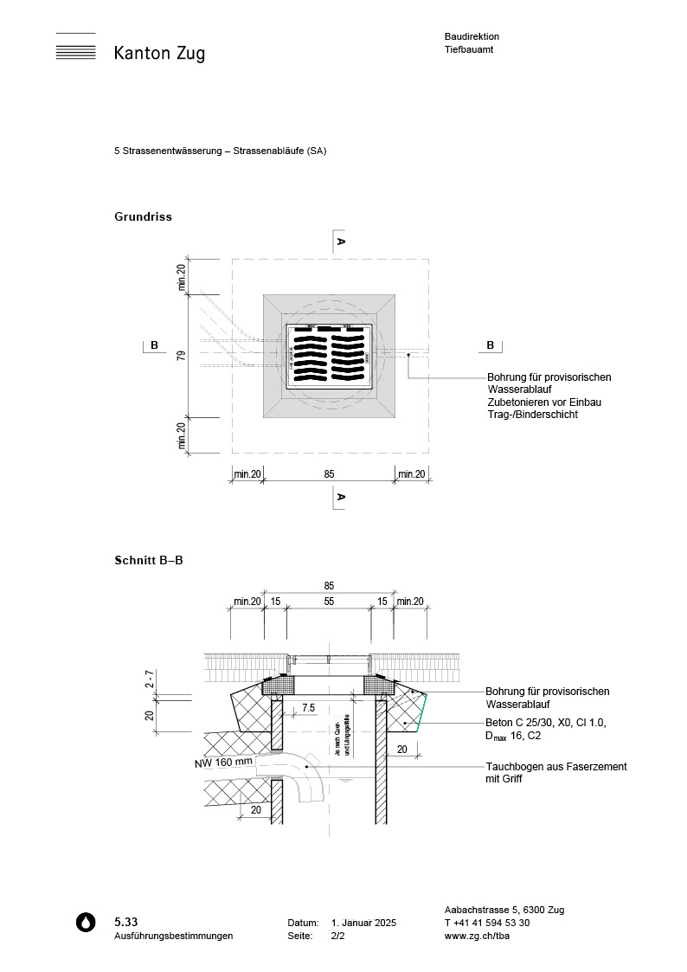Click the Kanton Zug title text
click(159, 54)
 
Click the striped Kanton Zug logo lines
click(75, 48)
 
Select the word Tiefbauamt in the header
click(469, 50)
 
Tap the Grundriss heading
click(143, 216)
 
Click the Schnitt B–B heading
click(148, 560)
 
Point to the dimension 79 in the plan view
click(182, 356)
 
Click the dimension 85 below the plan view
click(329, 473)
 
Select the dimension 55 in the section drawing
click(329, 601)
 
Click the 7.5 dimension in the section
click(308, 709)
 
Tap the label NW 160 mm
click(224, 763)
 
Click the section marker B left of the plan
click(154, 345)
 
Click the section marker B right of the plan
click(490, 345)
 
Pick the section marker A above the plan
click(341, 241)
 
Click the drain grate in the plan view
click(329, 355)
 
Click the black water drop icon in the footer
click(85, 922)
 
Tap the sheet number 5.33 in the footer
click(125, 922)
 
